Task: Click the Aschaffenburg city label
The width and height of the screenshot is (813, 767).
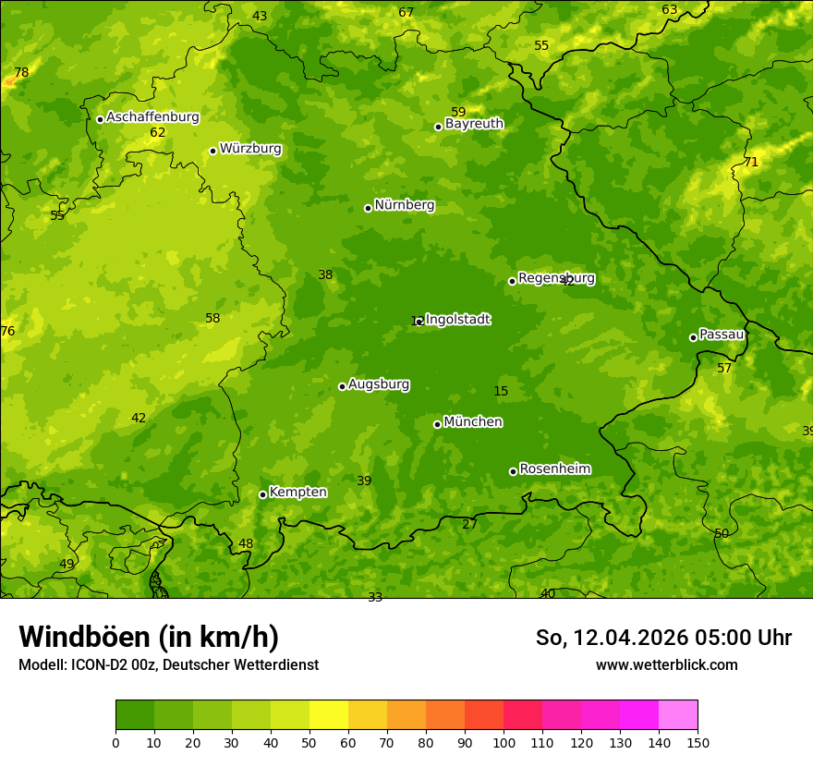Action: [x=152, y=117]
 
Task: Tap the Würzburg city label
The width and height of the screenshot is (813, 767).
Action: [x=250, y=149]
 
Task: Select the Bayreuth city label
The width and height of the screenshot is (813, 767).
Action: [x=474, y=124]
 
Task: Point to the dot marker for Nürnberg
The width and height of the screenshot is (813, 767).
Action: [x=368, y=208]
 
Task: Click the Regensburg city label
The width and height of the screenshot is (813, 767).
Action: [x=556, y=278]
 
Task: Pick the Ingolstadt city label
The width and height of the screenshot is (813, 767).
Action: [x=457, y=320]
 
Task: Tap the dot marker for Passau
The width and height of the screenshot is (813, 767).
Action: [x=693, y=337]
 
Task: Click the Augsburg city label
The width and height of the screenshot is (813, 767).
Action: [x=379, y=384]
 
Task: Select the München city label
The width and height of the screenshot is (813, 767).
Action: [x=473, y=422]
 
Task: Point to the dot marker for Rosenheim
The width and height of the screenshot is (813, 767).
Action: [x=513, y=471]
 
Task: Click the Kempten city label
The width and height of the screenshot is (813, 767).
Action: [x=297, y=493]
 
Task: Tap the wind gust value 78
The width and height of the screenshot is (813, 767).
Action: [x=21, y=73]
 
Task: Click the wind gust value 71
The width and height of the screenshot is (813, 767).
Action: [x=751, y=163]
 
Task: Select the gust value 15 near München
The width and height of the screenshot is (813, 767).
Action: [x=501, y=392]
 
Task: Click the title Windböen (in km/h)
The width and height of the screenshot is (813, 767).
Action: [x=149, y=637]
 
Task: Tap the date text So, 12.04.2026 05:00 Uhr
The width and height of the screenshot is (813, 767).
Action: [x=663, y=638]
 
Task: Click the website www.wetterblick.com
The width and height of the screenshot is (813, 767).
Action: [x=666, y=665]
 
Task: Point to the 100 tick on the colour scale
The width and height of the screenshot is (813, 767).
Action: [x=504, y=742]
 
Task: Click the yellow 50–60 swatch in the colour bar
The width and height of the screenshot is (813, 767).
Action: [x=329, y=715]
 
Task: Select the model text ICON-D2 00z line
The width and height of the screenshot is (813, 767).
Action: [x=168, y=665]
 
